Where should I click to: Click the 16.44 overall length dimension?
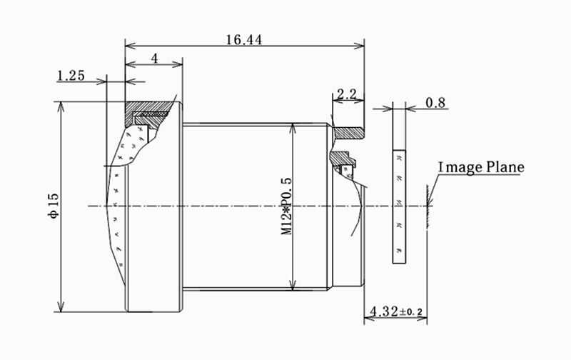coord(244,40)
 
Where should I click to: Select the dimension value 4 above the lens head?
coord(155,59)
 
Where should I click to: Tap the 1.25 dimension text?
coord(71,76)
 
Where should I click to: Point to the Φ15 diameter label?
coord(53,206)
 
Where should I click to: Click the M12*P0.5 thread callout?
coord(287,206)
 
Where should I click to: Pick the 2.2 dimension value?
coord(347,94)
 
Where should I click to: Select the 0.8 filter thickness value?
coord(435,103)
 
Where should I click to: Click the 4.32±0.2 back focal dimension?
coord(396,311)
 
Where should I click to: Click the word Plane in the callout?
coord(505,167)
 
